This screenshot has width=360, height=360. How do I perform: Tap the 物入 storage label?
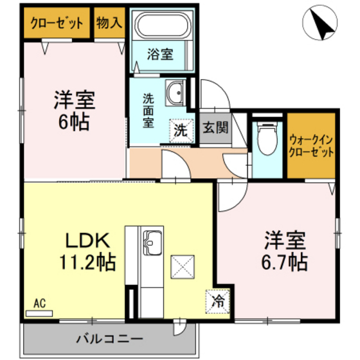coord(109,24)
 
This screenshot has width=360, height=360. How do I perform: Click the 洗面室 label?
coord(148,110)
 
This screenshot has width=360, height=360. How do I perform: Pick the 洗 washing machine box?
coord(181,130)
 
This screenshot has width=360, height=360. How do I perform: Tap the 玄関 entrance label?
coord(215,128)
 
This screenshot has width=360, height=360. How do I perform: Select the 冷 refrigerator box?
coord(218,300)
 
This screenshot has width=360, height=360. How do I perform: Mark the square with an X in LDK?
coord(182,266)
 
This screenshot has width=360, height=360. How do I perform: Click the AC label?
coord(39,303)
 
